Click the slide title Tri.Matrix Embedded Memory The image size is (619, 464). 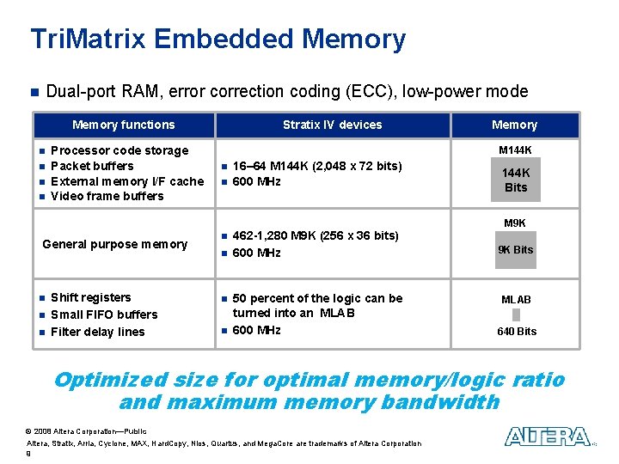point(218,40)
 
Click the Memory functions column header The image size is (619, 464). point(123,125)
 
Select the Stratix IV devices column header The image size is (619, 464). point(332,125)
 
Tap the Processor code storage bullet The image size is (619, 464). point(120,150)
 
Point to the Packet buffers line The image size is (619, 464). point(92,166)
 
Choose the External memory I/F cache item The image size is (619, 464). point(127,181)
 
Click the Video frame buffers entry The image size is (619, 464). point(107,196)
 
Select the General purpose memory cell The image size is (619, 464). point(114,244)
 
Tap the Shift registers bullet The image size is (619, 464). point(91,297)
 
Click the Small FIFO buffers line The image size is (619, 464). point(104,314)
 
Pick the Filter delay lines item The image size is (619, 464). point(98,332)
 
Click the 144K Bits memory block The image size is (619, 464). point(516,180)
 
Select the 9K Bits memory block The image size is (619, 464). point(515,250)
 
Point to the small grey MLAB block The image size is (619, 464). point(516,314)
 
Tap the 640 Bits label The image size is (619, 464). point(516,332)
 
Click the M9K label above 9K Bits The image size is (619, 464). point(515,223)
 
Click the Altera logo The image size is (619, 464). point(548,437)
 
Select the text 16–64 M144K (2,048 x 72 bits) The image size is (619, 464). point(317,166)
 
